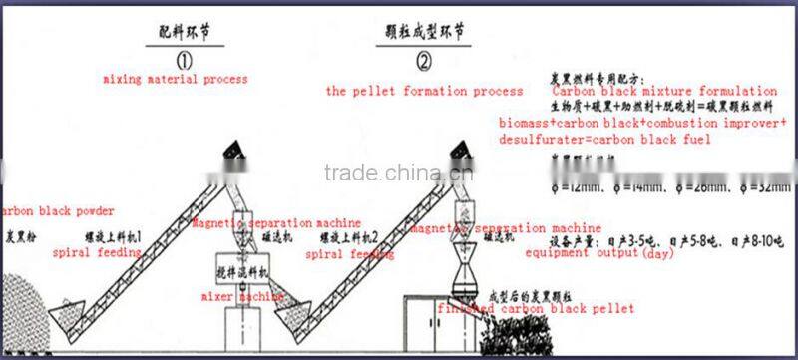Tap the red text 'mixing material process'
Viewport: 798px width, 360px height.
175,77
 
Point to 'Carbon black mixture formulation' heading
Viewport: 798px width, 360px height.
664,91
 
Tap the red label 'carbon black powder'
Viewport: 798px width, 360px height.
58,211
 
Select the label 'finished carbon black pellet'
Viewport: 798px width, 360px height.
535,309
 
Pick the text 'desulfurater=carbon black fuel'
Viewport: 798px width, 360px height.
604,140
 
